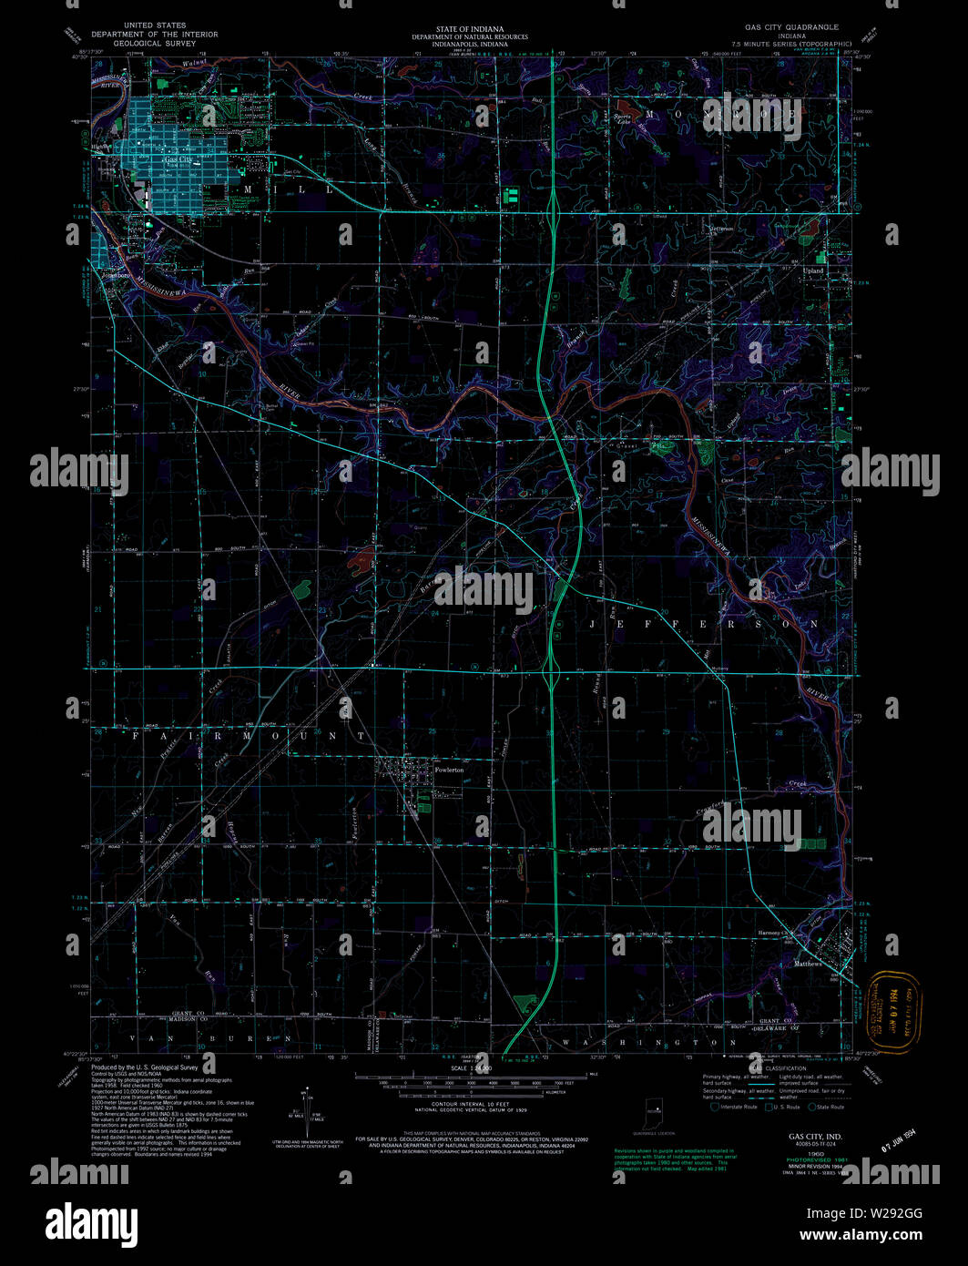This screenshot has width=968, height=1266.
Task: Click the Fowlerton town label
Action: pos(449,770)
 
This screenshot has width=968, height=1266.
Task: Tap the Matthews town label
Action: pos(808,964)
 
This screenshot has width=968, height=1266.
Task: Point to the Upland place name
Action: pos(813,271)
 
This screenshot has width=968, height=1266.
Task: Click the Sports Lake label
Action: pos(622,119)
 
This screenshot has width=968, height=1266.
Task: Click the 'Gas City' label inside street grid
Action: pos(178,159)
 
